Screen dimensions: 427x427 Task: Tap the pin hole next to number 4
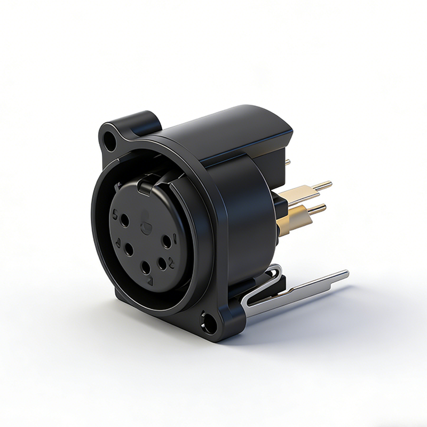[x=129, y=249]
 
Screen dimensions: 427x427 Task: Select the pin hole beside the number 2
[x=161, y=262]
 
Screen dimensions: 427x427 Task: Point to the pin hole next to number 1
[x=167, y=241]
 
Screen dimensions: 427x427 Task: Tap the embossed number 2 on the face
[x=171, y=262]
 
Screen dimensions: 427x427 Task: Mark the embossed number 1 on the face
[x=175, y=235]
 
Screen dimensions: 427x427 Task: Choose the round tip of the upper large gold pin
[x=329, y=184]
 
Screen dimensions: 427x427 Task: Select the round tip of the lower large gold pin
[x=323, y=208]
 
